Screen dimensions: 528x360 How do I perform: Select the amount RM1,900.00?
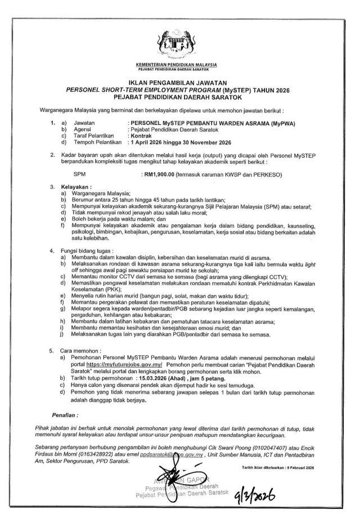click(159, 175)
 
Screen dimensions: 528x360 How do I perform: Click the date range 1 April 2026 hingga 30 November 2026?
click(186, 142)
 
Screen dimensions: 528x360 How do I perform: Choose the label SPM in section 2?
click(71, 175)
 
